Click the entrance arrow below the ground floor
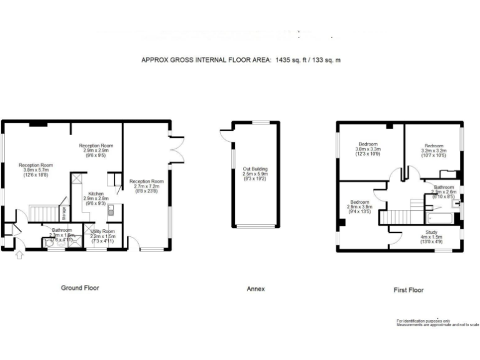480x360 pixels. click(19, 254)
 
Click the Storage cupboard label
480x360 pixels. click(64, 212)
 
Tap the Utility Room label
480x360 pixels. click(103, 232)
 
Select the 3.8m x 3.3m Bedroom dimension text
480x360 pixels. click(368, 149)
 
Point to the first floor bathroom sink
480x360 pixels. click(456, 203)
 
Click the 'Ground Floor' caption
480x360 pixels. click(79, 288)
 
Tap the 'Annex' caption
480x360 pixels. click(256, 289)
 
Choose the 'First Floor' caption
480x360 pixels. click(409, 290)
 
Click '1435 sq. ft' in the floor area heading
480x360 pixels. click(293, 61)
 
